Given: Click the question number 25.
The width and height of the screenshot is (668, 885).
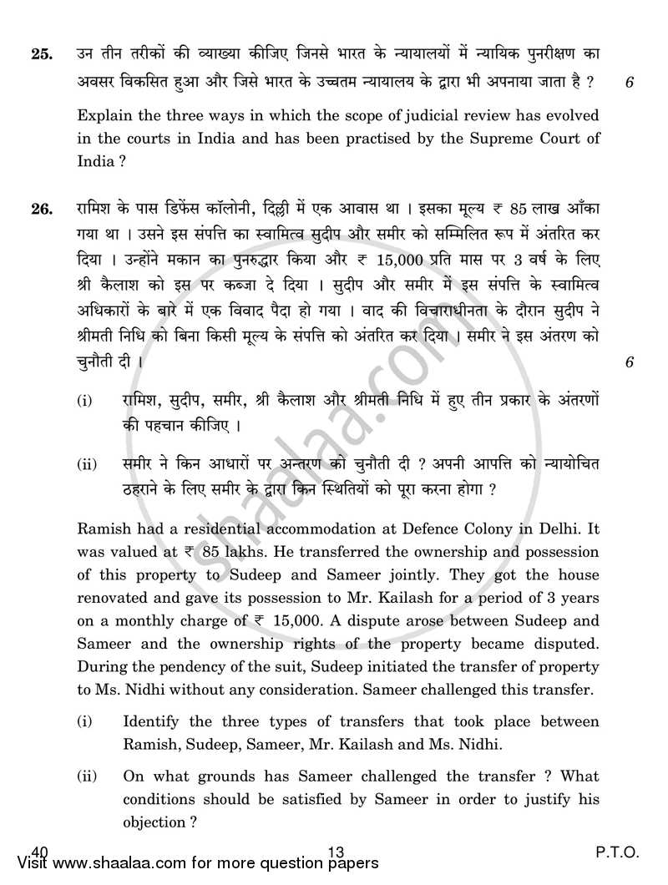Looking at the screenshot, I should (40, 56).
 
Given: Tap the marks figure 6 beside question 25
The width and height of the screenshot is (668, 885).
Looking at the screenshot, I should (629, 82).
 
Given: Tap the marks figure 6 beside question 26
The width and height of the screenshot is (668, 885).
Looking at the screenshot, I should (629, 362).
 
